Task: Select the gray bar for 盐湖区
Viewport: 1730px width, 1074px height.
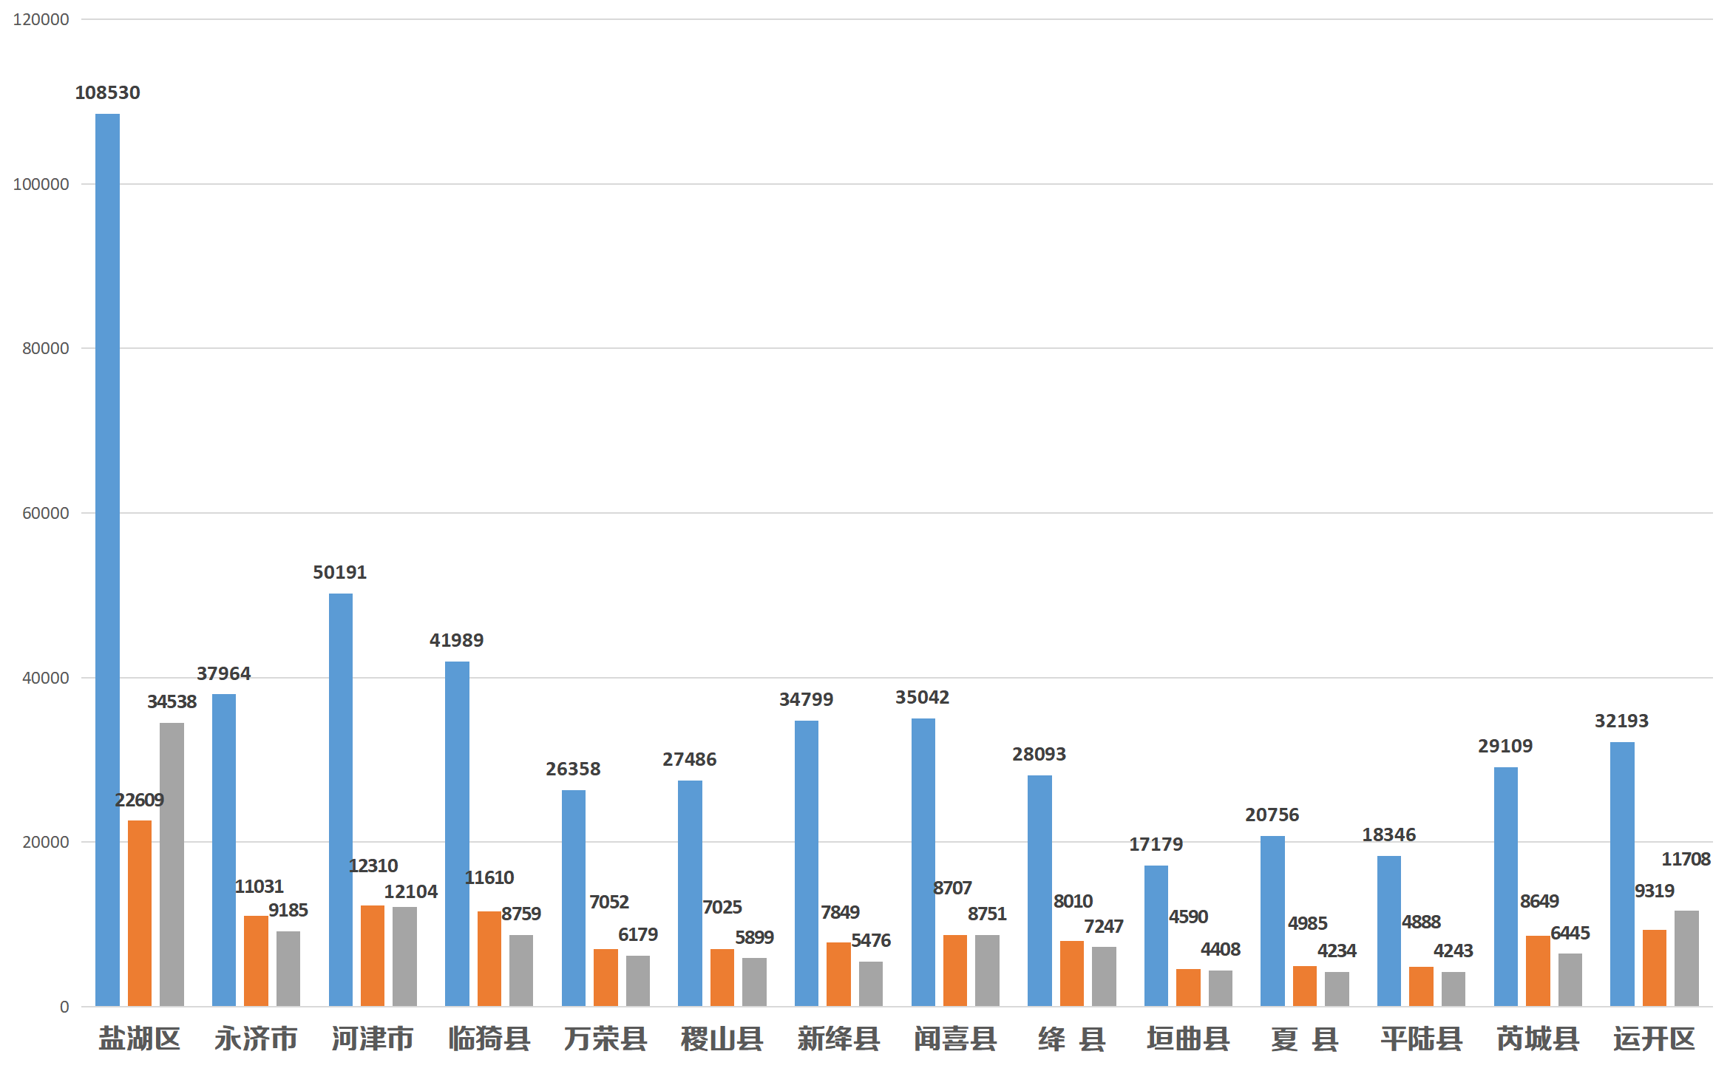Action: (172, 864)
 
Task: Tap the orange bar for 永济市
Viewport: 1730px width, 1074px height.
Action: (256, 960)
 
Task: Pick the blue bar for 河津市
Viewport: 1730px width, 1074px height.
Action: (340, 799)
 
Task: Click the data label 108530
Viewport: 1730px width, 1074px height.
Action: (107, 92)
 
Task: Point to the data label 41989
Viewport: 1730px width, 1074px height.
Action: (456, 640)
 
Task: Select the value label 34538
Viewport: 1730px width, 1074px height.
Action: (172, 701)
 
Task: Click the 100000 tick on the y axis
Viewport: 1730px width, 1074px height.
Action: (41, 184)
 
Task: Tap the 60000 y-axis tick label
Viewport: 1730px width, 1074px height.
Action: (46, 513)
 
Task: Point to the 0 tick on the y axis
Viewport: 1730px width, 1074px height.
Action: (64, 1007)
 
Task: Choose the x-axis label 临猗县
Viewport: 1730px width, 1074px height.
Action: (489, 1039)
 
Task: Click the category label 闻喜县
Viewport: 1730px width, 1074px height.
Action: (955, 1039)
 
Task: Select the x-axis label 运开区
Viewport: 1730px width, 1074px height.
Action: (1654, 1039)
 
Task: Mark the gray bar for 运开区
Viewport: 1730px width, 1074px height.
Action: (1686, 958)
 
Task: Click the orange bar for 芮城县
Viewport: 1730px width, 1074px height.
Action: (1538, 971)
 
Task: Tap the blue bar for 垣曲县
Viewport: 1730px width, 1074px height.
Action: (1156, 935)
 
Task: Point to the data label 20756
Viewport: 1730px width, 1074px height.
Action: (1272, 815)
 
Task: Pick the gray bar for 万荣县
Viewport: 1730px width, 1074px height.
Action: (638, 980)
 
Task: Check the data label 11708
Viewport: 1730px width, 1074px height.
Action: (1686, 859)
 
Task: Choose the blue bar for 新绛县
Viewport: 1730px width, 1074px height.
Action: (807, 863)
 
